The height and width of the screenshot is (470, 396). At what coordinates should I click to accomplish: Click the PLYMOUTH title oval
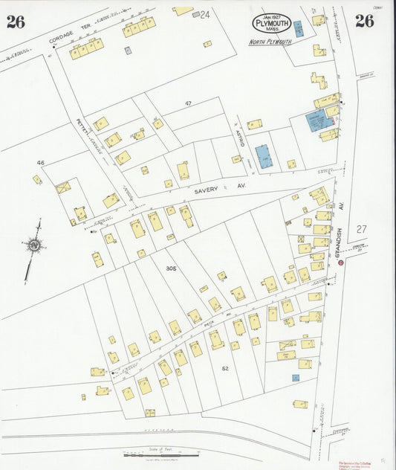coord(270,24)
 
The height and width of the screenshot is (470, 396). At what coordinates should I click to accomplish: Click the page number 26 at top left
coord(16,21)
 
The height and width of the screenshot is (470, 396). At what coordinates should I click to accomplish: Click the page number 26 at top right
coord(364,21)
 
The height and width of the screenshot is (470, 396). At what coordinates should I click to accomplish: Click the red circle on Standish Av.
coord(341,262)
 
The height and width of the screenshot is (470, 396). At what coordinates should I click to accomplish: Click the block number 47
coord(189,103)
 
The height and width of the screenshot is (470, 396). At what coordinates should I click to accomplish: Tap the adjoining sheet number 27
coord(361,229)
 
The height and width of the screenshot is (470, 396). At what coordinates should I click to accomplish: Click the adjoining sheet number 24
coord(205,14)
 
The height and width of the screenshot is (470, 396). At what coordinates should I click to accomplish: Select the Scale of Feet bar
coord(160,454)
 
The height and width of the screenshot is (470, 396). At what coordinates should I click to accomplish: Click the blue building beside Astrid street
coord(264,157)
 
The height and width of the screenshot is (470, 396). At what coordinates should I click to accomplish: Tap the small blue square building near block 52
coord(296,378)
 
